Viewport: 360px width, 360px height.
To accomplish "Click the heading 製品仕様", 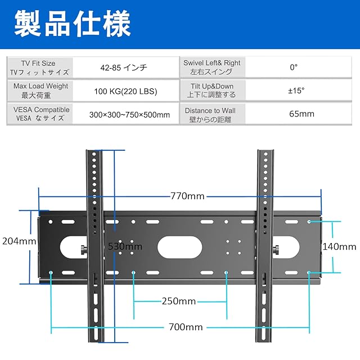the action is pyautogui.click(x=73, y=24).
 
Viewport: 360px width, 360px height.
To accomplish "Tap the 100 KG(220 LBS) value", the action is pyautogui.click(x=125, y=91).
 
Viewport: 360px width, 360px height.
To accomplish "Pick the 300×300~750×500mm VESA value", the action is pyautogui.click(x=129, y=115).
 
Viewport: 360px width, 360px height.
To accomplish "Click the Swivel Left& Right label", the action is pyautogui.click(x=212, y=62).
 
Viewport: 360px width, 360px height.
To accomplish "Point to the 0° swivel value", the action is pyautogui.click(x=294, y=67).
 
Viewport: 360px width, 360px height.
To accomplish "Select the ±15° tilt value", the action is pyautogui.click(x=296, y=91).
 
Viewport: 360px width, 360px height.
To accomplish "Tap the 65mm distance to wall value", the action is pyautogui.click(x=301, y=114).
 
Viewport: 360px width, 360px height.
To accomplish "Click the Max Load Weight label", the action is pyautogui.click(x=40, y=86).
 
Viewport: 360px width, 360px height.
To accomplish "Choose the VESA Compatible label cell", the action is pyautogui.click(x=40, y=114).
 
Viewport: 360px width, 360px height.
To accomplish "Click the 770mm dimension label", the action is pyautogui.click(x=187, y=196).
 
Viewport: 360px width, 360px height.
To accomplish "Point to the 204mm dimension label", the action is pyautogui.click(x=19, y=241).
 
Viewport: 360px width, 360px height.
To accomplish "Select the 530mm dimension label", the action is pyautogui.click(x=125, y=246).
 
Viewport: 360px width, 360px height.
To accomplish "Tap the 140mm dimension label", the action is pyautogui.click(x=339, y=246).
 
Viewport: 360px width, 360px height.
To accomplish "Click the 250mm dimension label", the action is pyautogui.click(x=179, y=301).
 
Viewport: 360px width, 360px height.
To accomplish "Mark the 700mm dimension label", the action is pyautogui.click(x=186, y=327).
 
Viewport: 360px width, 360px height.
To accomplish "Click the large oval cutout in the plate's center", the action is pyautogui.click(x=180, y=247).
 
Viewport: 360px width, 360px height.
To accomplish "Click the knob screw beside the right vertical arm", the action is pyautogui.click(x=276, y=250).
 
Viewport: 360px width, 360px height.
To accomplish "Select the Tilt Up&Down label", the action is pyautogui.click(x=212, y=86).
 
